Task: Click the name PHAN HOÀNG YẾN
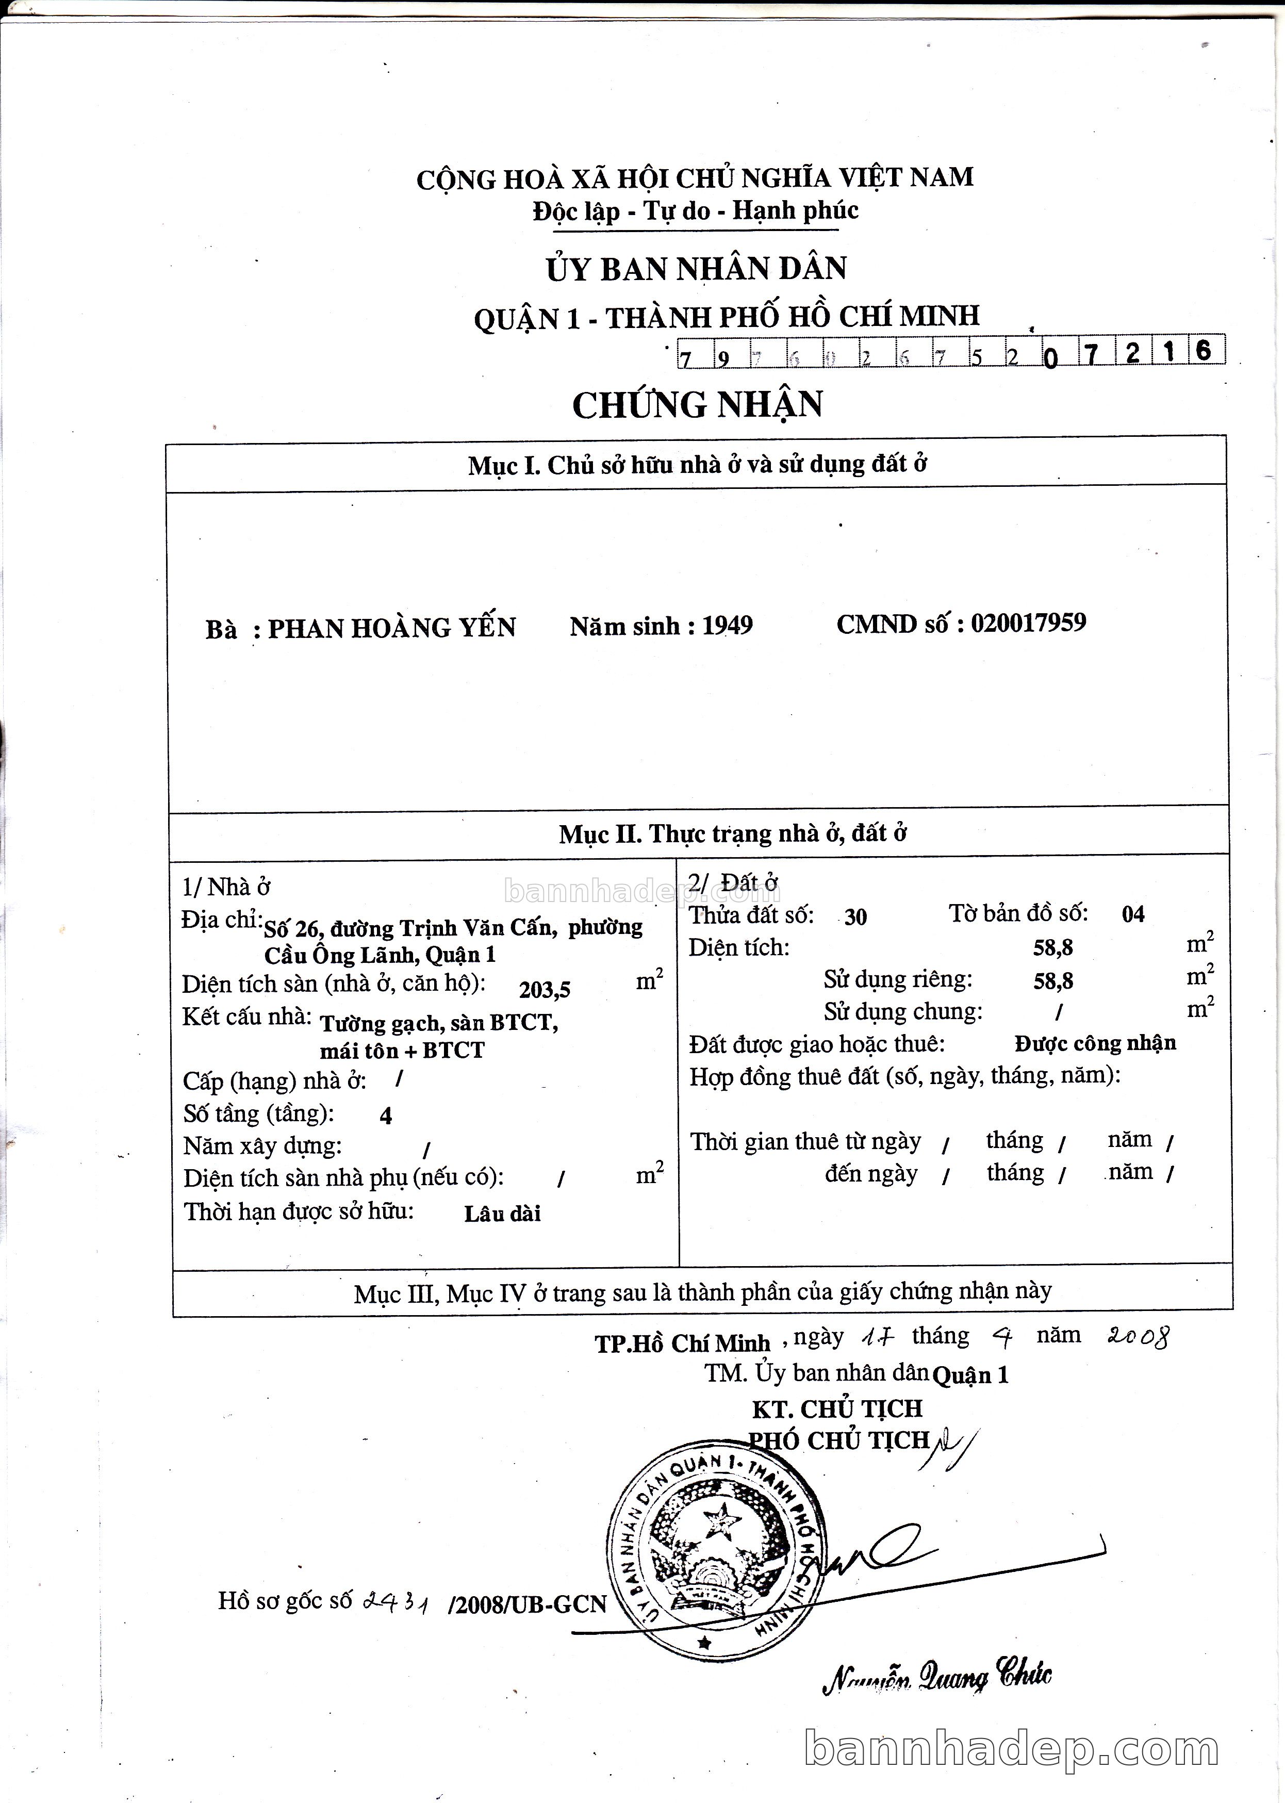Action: click(392, 628)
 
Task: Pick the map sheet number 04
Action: click(1133, 915)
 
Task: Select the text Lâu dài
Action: click(502, 1214)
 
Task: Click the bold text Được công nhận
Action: click(1095, 1044)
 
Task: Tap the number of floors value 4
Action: click(386, 1116)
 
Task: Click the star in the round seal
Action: click(721, 1517)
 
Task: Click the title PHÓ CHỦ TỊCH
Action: click(839, 1440)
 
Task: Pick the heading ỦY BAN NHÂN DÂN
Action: click(696, 269)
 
